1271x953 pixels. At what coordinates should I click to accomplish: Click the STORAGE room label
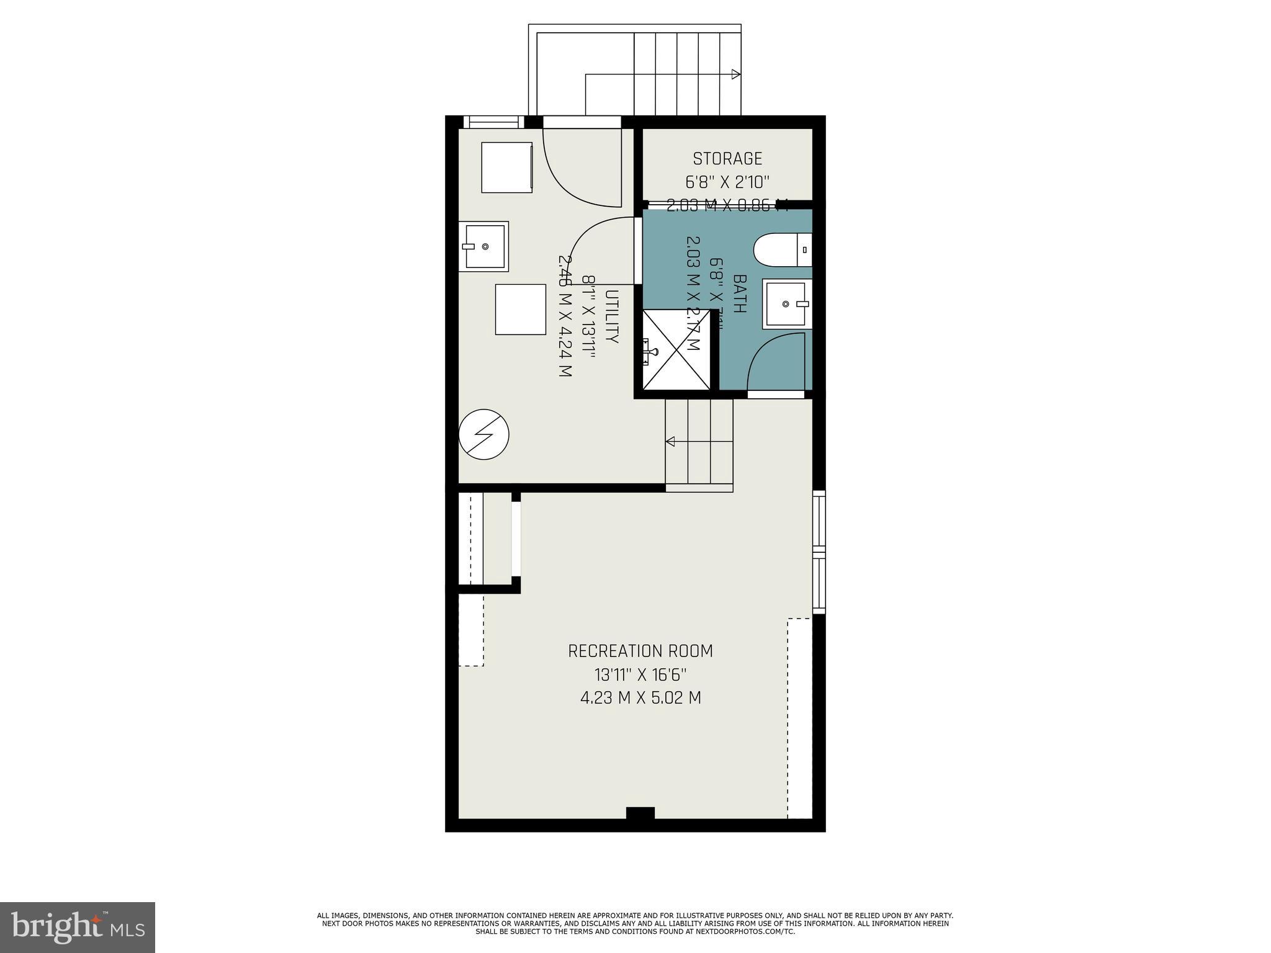[727, 159]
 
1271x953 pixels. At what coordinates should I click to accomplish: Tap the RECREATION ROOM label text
[640, 651]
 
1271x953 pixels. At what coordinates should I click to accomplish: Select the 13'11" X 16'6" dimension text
[640, 674]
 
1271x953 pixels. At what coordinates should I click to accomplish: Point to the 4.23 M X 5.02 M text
[640, 698]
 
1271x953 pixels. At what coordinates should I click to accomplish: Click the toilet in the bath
[782, 250]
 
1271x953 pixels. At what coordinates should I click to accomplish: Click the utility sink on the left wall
[484, 246]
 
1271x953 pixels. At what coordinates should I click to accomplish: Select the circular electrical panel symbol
[483, 434]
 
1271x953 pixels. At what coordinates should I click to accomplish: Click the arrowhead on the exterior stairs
[736, 74]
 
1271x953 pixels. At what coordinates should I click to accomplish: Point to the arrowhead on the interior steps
[670, 442]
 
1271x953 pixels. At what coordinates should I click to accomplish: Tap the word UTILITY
[612, 316]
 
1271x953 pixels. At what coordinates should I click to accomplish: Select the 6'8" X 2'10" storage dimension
[727, 182]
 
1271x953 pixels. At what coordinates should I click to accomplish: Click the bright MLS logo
[78, 927]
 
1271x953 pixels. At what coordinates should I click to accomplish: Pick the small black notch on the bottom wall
[640, 813]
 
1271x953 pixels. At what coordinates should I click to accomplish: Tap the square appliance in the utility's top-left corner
[507, 167]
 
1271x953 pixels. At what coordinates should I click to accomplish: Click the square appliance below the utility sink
[520, 310]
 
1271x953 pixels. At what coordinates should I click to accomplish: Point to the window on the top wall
[494, 122]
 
